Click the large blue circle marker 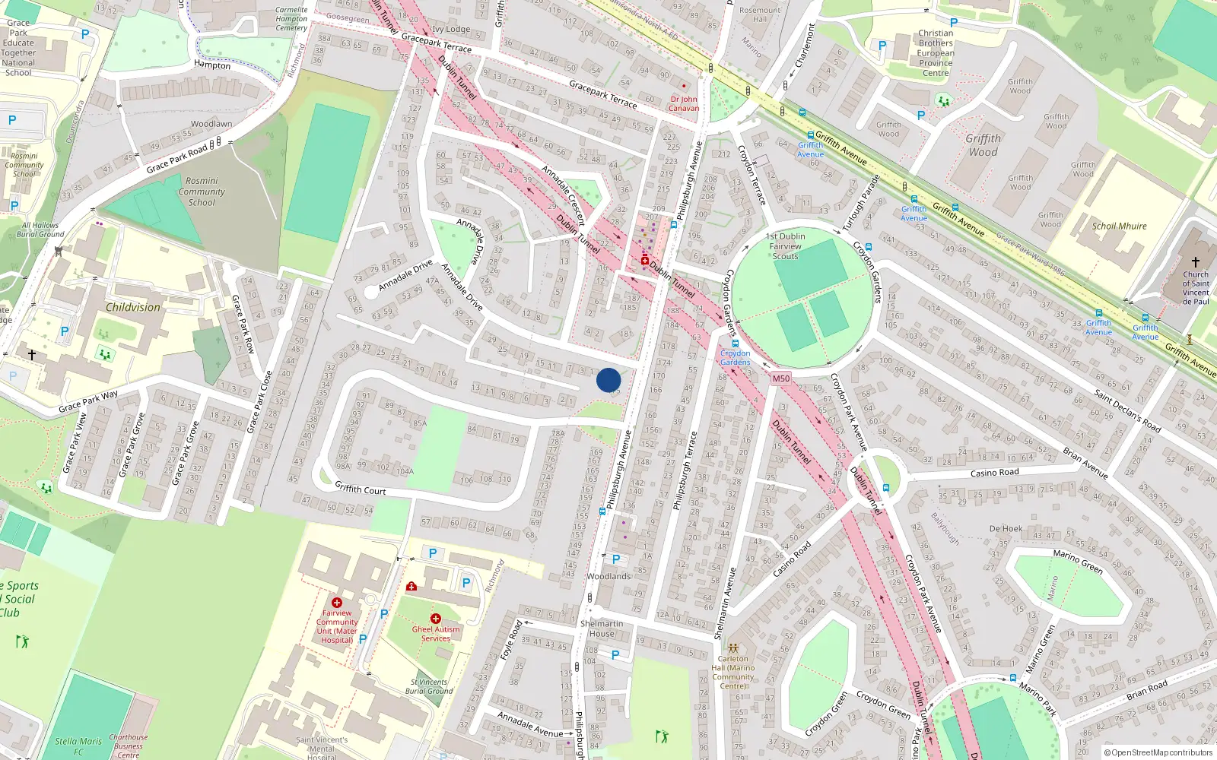tap(608, 380)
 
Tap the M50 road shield tap(781, 378)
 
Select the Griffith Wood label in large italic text tap(983, 145)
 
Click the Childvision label tap(133, 308)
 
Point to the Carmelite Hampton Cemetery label tap(291, 19)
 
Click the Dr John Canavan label tap(684, 103)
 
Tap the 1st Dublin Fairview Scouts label tap(785, 246)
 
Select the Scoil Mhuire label tap(1119, 226)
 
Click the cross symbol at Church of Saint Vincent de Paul tap(1196, 262)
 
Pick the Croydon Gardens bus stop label tap(735, 357)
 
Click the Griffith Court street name tap(361, 489)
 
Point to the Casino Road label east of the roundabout tap(994, 473)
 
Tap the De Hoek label tap(1006, 528)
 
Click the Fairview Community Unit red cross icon tap(337, 602)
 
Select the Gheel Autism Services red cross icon tap(436, 619)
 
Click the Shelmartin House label tap(602, 629)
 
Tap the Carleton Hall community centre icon tap(732, 649)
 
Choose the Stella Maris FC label tap(78, 746)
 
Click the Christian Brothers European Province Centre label tap(936, 53)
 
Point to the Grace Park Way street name tap(88, 401)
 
